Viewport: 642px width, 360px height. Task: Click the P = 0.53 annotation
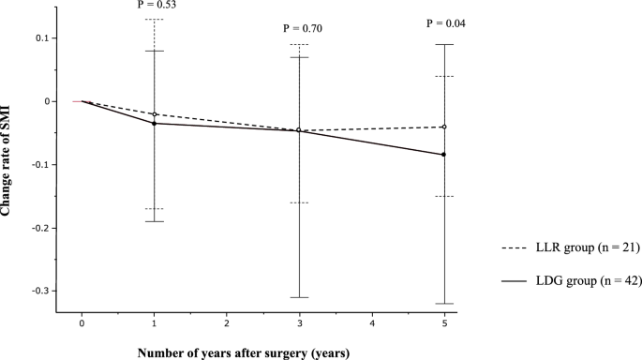pos(154,3)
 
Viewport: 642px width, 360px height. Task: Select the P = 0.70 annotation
pos(299,29)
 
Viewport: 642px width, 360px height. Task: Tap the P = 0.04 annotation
pos(444,22)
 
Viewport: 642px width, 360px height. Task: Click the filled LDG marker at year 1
pos(154,124)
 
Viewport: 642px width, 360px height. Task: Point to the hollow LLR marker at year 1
pos(154,114)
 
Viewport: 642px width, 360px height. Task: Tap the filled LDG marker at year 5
pos(444,155)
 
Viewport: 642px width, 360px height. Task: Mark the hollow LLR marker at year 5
pos(444,127)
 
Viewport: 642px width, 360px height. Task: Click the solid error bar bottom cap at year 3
pos(299,297)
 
